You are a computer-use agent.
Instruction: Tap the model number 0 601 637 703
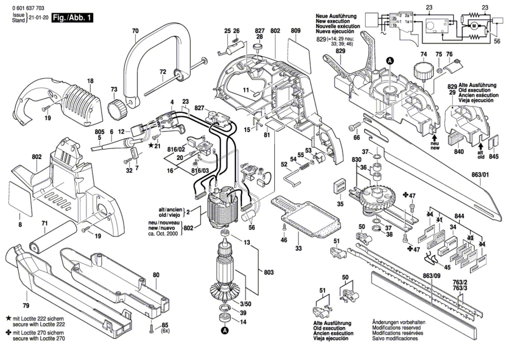coord(28,8)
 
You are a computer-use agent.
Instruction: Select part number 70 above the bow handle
coord(135,31)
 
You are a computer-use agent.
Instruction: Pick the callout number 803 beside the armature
coord(269,272)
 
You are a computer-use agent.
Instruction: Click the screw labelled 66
coord(353,127)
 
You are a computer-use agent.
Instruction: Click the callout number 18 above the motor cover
coord(90,81)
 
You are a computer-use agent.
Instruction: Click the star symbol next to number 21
coord(151,145)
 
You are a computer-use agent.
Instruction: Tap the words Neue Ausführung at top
coord(336,16)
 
